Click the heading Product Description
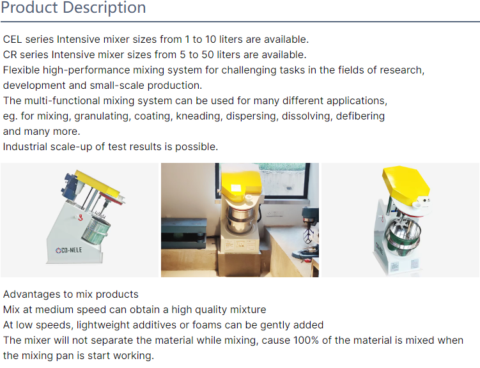click(73, 7)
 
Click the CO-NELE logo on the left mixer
click(69, 250)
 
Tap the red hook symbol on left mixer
click(81, 217)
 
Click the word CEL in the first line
click(13, 40)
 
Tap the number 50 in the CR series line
click(208, 55)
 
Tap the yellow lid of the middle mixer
click(240, 184)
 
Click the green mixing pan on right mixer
click(403, 236)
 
